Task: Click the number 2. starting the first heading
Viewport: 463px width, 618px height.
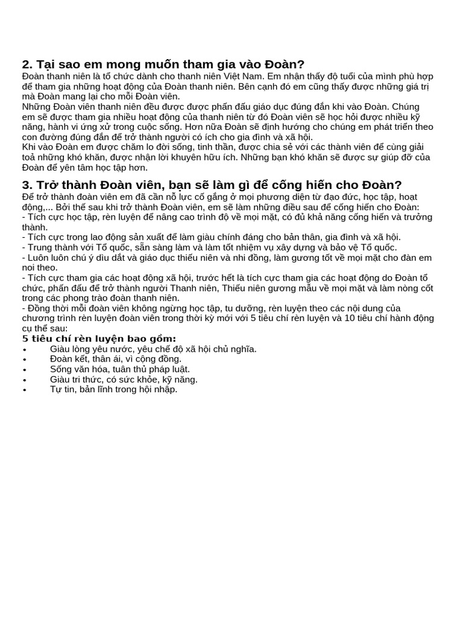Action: click(x=27, y=65)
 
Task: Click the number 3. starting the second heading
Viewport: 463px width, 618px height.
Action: click(x=27, y=185)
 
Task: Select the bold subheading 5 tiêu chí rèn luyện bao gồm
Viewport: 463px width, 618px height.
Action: click(x=99, y=339)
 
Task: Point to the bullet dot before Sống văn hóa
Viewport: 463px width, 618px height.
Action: click(x=25, y=370)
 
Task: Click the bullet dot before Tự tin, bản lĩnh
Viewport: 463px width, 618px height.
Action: click(x=25, y=390)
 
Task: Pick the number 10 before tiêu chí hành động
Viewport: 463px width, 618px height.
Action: click(x=350, y=318)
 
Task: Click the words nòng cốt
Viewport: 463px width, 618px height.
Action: click(x=416, y=288)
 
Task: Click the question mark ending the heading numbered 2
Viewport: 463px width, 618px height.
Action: click(x=301, y=65)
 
